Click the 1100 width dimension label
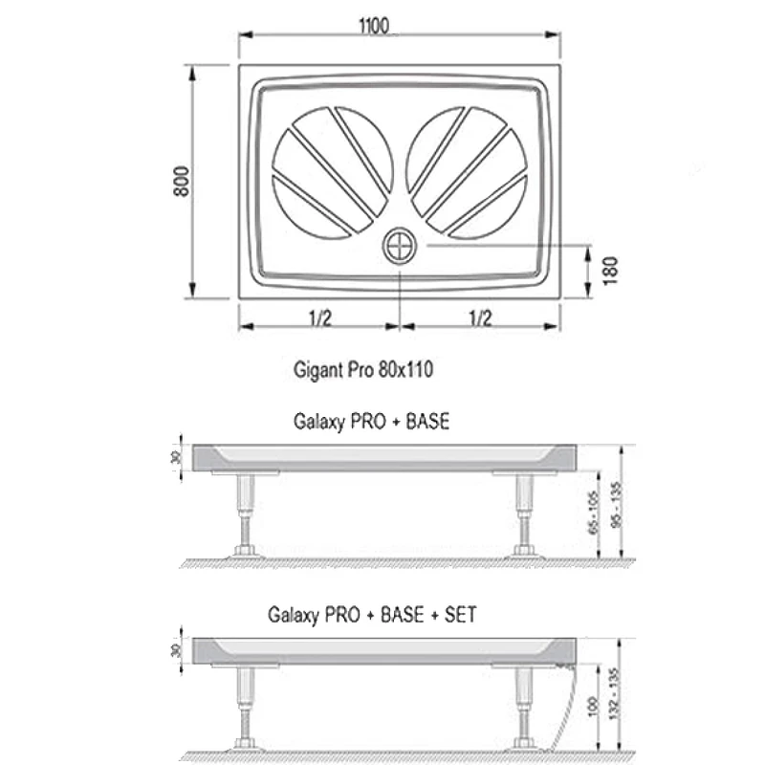[374, 26]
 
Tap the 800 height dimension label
[182, 182]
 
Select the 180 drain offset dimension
[610, 271]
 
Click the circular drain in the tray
[400, 246]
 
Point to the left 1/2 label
[320, 318]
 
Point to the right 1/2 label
[480, 318]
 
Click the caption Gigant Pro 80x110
[363, 369]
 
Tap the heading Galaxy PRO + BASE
[371, 421]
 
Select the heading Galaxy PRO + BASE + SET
[372, 614]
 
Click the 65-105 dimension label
[593, 513]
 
